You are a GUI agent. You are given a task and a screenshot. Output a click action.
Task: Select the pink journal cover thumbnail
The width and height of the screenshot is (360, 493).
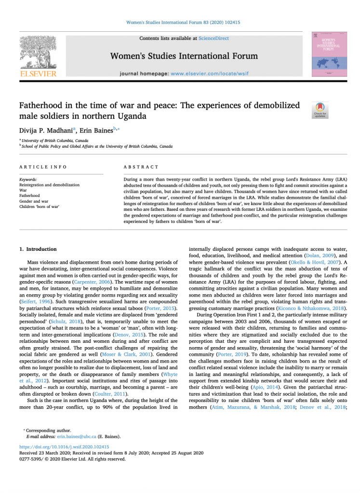(x=329, y=53)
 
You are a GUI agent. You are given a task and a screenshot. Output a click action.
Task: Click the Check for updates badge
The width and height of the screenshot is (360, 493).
(x=320, y=110)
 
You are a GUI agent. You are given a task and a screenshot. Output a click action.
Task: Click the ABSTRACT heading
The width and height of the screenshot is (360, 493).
(x=141, y=167)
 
